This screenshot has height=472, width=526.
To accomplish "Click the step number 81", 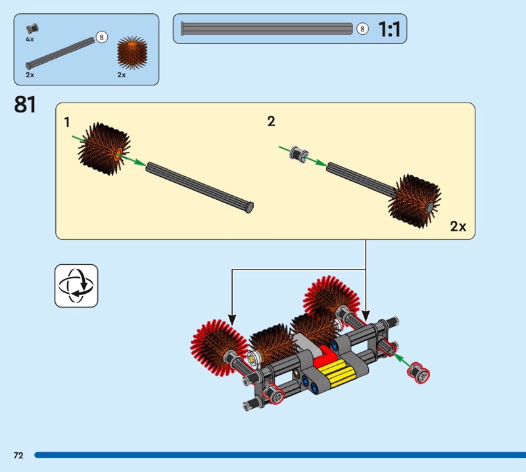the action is (25, 105).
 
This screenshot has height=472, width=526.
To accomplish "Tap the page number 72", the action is (18, 455).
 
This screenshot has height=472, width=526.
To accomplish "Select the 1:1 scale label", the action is (389, 29).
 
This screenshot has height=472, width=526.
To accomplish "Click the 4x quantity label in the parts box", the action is (30, 39).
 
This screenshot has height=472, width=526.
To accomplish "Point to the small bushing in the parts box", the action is (32, 28).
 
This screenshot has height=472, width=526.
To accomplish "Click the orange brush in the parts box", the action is (132, 53).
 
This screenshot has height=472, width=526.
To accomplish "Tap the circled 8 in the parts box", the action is (102, 37).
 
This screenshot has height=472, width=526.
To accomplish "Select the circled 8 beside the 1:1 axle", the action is (362, 29).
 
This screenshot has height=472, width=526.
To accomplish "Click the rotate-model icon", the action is (76, 285).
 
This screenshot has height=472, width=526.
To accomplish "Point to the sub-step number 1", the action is (67, 122).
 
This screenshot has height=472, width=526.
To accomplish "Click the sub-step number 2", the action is (271, 121).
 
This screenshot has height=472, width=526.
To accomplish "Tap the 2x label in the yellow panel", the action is (458, 226).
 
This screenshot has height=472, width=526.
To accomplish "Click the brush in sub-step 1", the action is (104, 149).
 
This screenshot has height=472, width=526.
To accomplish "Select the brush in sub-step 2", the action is (415, 201).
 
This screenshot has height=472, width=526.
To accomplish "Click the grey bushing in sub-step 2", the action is (299, 154).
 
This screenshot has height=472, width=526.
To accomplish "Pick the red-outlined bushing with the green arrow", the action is (419, 372).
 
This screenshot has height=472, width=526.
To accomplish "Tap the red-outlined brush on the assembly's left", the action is (218, 347).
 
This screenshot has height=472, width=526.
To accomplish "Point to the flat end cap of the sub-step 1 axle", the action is (250, 207).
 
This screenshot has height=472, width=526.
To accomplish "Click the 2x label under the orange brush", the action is (122, 75).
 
